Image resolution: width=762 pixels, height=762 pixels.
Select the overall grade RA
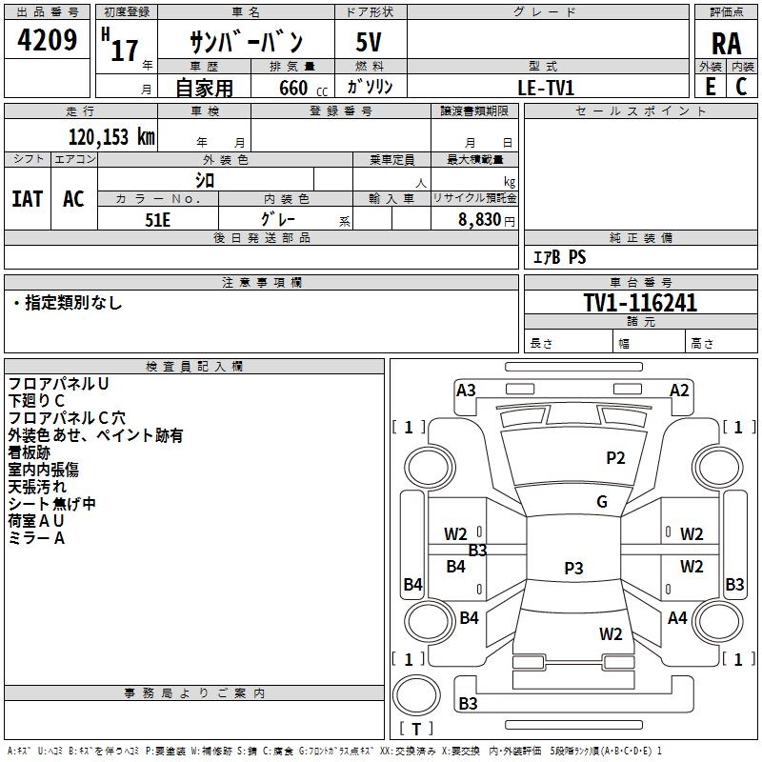(726, 43)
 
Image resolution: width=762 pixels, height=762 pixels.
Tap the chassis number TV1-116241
(640, 303)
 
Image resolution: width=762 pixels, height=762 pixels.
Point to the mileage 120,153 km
(110, 136)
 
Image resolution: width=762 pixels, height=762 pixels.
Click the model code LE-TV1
(546, 87)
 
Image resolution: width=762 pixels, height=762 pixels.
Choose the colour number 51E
(158, 218)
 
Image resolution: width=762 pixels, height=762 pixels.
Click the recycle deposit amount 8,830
(479, 219)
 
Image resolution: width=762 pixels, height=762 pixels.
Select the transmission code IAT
(28, 198)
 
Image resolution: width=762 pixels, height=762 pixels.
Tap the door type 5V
(370, 43)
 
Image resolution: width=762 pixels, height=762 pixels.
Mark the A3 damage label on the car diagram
(466, 390)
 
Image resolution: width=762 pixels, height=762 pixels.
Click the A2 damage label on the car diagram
(679, 390)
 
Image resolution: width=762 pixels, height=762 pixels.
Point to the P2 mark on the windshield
(615, 458)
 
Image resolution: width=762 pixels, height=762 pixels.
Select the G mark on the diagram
(602, 502)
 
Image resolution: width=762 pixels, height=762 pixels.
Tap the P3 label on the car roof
(573, 569)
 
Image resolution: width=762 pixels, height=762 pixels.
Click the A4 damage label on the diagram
(677, 618)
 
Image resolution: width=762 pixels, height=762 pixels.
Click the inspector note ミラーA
(36, 538)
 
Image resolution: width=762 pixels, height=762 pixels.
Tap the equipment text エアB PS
(558, 257)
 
